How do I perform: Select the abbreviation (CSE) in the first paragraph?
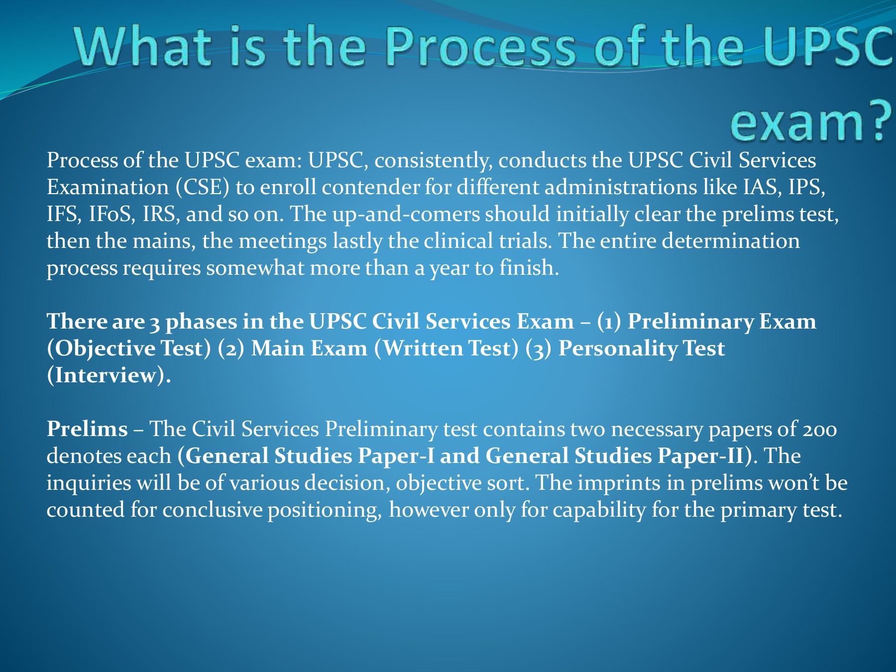point(202,187)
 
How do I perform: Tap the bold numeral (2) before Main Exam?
point(231,348)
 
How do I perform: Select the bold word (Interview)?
point(109,375)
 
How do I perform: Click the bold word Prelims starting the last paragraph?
point(87,429)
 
